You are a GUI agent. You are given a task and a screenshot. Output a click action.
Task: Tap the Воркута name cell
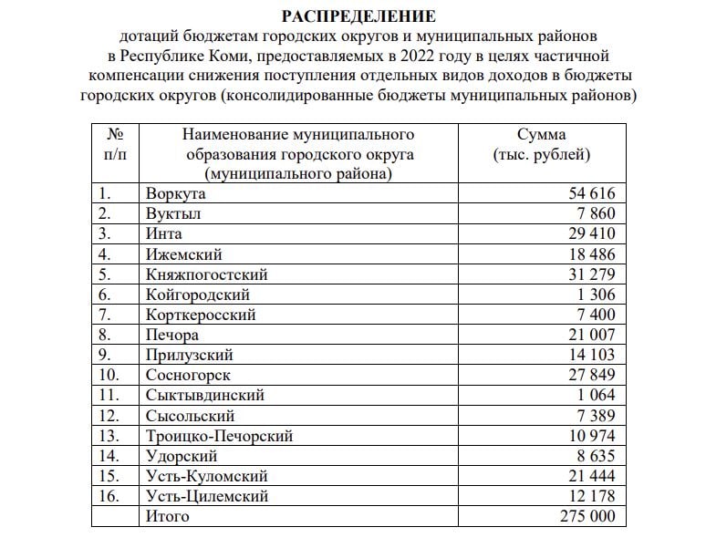pos(176,193)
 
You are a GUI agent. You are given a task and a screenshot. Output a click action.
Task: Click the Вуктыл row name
pos(173,213)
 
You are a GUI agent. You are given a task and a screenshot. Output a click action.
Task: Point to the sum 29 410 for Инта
pos(591,233)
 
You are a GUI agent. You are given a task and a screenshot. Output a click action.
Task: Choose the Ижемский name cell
pos(183,254)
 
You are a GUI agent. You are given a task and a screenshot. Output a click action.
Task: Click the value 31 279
pos(591,274)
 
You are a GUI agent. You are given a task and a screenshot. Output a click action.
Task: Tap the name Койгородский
pos(197,295)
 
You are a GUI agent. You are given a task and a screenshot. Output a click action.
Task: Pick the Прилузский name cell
pos(189,355)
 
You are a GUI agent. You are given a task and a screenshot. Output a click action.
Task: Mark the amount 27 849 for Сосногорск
pos(591,375)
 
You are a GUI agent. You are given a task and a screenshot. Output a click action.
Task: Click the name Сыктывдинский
pos(204,395)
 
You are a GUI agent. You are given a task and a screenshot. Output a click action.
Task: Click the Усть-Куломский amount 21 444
pos(591,476)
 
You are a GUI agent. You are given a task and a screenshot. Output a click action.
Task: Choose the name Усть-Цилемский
pos(206,496)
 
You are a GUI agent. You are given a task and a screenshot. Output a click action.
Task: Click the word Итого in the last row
pos(167,516)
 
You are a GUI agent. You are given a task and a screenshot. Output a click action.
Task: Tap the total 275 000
pos(587,516)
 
